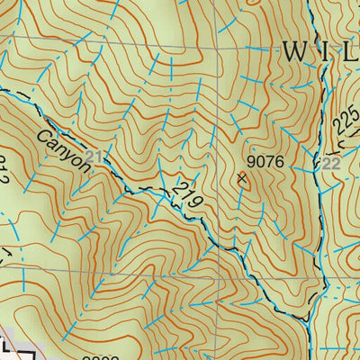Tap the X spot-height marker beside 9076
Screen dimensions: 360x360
point(241,178)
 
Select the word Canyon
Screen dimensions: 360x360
point(65,149)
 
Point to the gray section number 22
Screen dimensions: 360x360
point(331,163)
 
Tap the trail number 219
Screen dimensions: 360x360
point(188,193)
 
